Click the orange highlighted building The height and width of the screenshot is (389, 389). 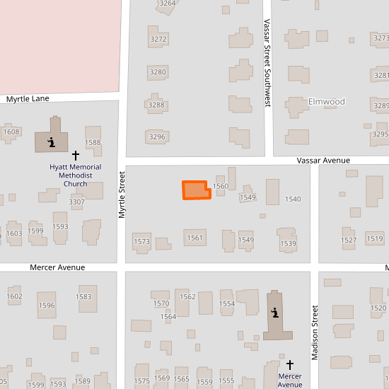coord(197,190)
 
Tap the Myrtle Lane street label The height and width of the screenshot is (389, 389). coord(28,98)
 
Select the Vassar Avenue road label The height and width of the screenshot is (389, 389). coord(323,161)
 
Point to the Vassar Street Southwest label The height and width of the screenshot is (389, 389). coord(267,63)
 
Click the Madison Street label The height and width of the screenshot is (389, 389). coord(315,332)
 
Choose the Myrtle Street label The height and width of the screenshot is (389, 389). coord(122,197)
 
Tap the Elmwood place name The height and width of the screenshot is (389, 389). coord(327,102)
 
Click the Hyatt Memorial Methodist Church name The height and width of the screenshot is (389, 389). coord(76,175)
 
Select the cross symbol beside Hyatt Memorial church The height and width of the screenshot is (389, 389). coord(75,154)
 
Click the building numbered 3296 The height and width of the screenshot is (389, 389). coord(157,137)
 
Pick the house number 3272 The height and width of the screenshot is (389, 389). coord(158,39)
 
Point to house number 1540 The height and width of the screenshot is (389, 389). coord(293,199)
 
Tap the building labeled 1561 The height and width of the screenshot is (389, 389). coord(195,238)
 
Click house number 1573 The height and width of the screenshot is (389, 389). coord(141,242)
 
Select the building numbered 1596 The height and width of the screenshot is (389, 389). coord(47,306)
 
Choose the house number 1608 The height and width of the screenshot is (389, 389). coord(11,132)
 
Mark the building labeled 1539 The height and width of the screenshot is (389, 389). coord(288,243)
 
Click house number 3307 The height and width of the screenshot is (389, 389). coord(76,202)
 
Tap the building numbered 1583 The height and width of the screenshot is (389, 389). coord(84,297)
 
